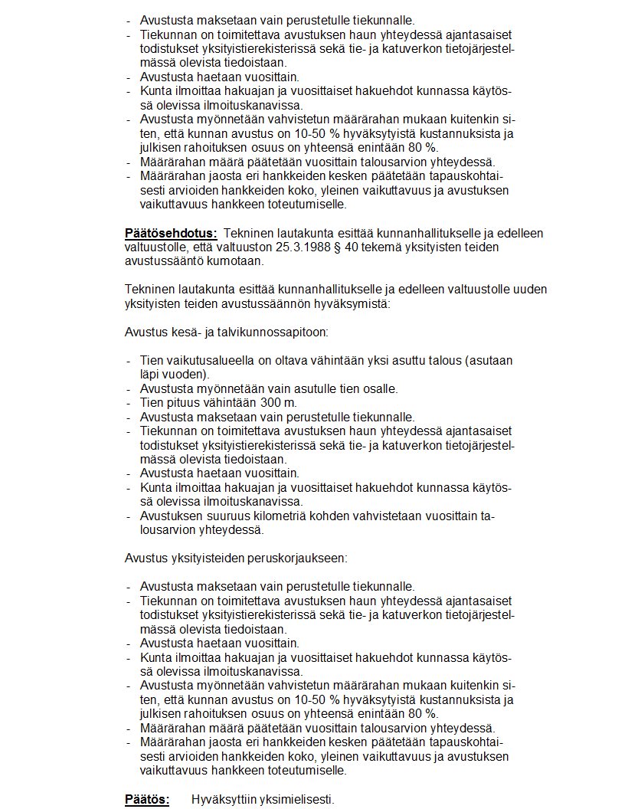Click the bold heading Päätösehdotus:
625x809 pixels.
click(171, 232)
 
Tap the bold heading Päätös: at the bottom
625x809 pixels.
click(147, 799)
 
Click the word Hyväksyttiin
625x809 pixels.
click(223, 799)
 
